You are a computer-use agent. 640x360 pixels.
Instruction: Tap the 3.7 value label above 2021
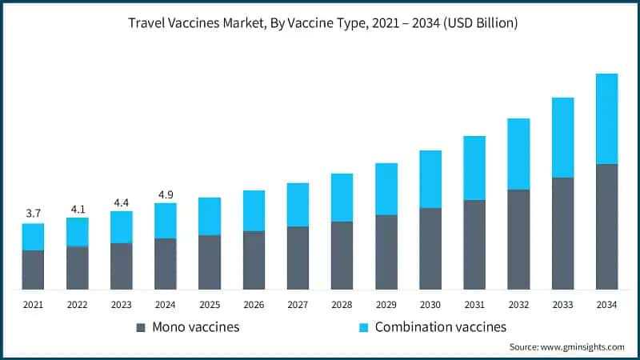(33, 213)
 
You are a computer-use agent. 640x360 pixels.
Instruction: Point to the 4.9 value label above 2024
(166, 193)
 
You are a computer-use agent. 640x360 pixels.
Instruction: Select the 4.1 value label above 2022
(78, 208)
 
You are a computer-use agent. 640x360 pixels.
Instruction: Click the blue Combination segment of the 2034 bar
(606, 118)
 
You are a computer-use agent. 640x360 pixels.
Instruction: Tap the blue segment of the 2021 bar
(33, 237)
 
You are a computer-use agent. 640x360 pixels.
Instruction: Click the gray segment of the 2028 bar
(342, 255)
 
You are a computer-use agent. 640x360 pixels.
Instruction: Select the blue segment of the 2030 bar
(430, 179)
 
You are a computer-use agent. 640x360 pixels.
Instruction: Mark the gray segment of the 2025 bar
(210, 262)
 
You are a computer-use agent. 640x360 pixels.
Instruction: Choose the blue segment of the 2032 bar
(518, 154)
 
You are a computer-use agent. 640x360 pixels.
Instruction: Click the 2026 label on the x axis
(254, 304)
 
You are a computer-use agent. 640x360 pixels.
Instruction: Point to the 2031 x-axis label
(474, 304)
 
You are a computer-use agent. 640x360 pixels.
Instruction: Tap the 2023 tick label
(122, 304)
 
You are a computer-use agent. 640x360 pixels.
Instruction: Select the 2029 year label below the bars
(386, 304)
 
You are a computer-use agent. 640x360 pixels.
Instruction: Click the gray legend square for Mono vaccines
(141, 327)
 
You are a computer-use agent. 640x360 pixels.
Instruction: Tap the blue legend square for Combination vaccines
(363, 327)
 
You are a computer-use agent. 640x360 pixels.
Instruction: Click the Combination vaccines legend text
(440, 326)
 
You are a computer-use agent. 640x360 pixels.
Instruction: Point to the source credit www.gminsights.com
(566, 346)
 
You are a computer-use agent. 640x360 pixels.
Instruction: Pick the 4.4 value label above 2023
(122, 202)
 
